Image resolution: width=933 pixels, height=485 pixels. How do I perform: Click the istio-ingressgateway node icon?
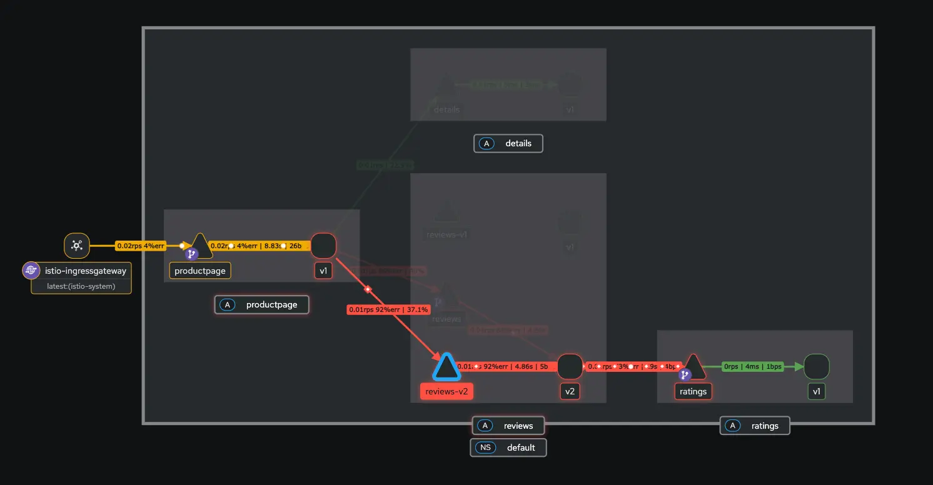[x=77, y=246]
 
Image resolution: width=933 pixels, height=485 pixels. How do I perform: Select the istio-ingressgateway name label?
[x=85, y=271]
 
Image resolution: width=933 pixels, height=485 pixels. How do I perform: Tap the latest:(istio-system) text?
[x=81, y=286]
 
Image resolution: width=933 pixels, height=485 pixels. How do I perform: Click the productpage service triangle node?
[x=200, y=246]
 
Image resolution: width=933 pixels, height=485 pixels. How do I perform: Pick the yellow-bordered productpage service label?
[x=200, y=271]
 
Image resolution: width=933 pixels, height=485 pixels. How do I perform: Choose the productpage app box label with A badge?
[x=262, y=305]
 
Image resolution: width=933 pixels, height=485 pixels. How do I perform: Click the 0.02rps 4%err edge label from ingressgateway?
[x=141, y=246]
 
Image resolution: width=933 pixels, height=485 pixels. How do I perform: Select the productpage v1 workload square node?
[x=323, y=246]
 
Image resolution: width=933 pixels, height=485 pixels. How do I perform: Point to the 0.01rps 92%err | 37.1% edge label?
[x=389, y=309]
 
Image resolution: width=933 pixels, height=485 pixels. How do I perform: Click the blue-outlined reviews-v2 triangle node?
[x=446, y=367]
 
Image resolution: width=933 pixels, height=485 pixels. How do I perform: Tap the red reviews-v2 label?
[x=446, y=392]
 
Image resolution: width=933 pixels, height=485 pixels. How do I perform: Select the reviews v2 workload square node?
[x=570, y=367]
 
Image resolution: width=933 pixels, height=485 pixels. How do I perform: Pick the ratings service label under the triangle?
[x=693, y=392]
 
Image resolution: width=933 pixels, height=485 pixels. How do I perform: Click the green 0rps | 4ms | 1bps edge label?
[x=753, y=367]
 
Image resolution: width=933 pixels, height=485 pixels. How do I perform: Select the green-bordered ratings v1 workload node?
[x=816, y=367]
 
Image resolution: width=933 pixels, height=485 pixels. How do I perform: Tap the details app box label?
[x=508, y=144]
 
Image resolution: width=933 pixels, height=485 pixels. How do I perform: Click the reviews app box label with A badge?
[x=508, y=426]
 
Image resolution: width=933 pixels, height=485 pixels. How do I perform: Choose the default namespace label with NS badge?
[x=508, y=447]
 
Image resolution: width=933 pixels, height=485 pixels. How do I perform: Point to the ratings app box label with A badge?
[x=755, y=426]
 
